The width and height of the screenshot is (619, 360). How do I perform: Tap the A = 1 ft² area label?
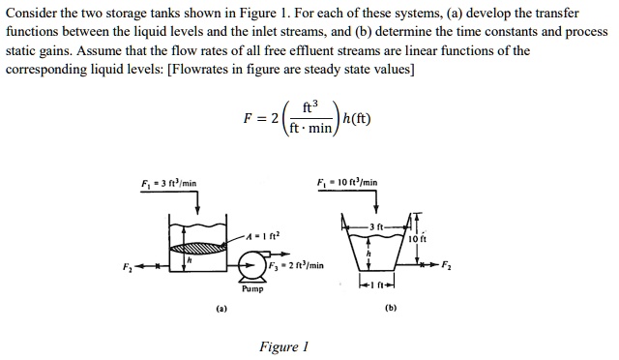pos(264,234)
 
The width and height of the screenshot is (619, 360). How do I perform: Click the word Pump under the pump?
pos(251,288)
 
